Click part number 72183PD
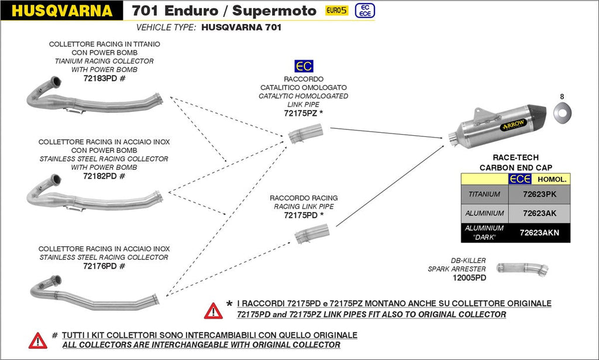point(101,78)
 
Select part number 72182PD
point(101,176)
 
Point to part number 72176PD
point(101,266)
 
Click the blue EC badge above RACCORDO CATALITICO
point(303,66)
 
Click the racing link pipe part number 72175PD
point(299,215)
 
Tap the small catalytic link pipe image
point(305,136)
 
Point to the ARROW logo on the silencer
point(512,124)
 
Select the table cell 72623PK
point(539,194)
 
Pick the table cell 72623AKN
point(539,232)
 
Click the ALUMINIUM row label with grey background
point(484,213)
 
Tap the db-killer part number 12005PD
point(469,278)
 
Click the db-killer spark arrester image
point(522,269)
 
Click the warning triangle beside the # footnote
point(37,340)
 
